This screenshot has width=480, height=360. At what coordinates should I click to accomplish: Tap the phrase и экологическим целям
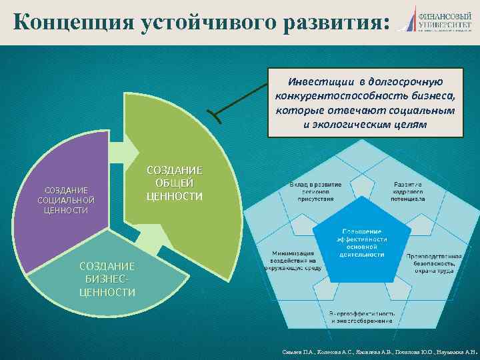tap(365, 125)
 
